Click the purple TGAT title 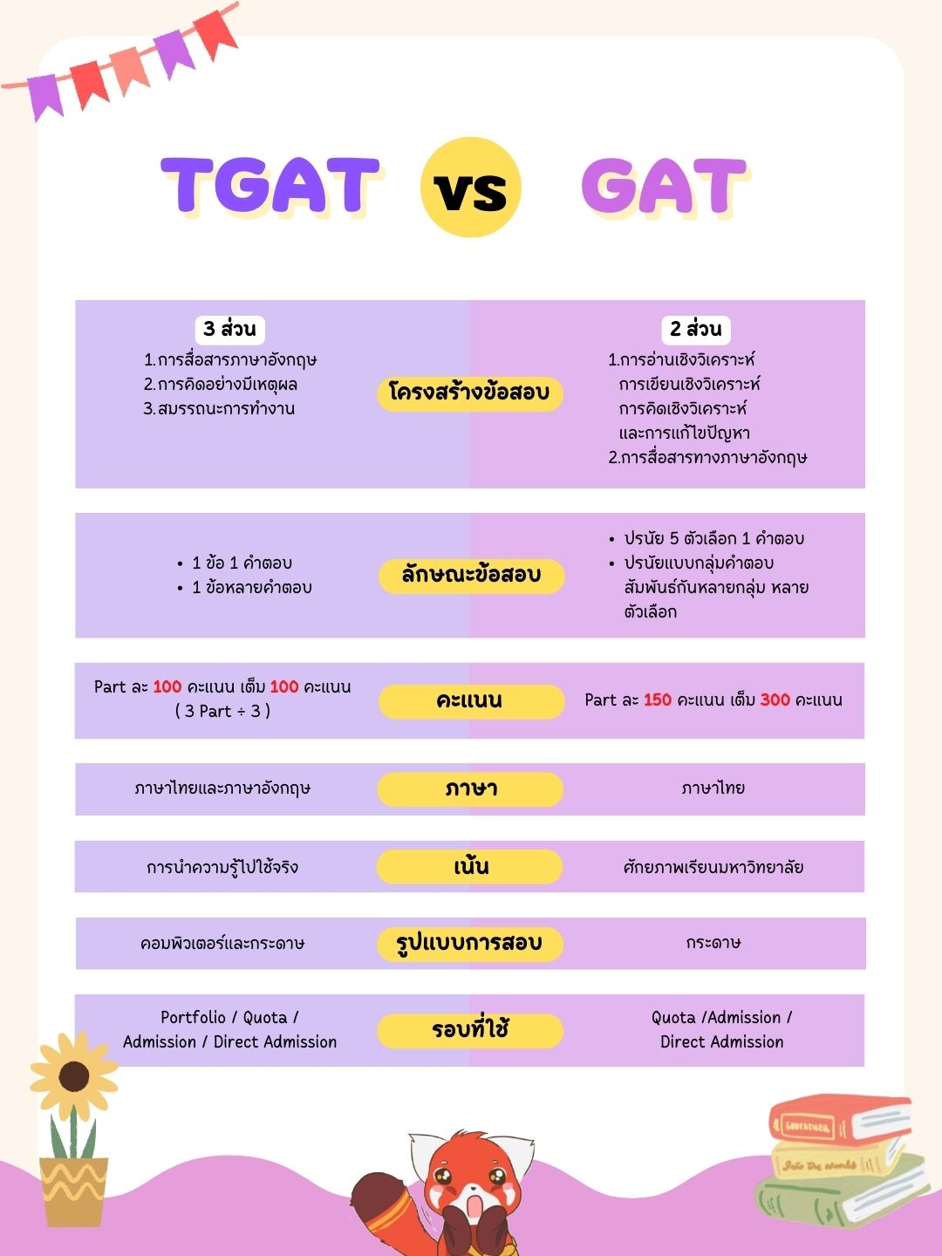(270, 186)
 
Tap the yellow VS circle (470, 188)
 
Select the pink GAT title (663, 186)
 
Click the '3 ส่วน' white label (229, 329)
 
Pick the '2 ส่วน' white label (695, 329)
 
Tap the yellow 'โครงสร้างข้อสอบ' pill (470, 392)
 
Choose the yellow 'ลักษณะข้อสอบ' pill (471, 576)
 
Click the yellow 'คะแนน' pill (471, 700)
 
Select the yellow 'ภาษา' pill (470, 788)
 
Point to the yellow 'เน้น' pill (470, 866)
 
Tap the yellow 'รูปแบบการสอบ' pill (469, 943)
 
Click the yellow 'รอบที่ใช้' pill (470, 1030)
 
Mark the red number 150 (658, 700)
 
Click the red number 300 (775, 700)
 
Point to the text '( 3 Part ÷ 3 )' (222, 711)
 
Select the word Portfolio (193, 1017)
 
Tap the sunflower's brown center (74, 1076)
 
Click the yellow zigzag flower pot (73, 1191)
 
